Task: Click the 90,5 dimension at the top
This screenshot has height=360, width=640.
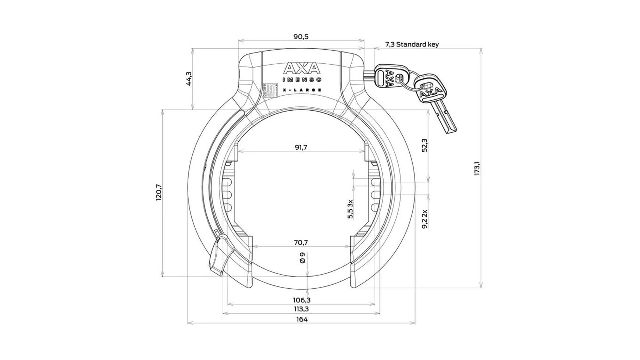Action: click(x=301, y=37)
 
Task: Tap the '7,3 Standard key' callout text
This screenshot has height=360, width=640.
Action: click(x=412, y=44)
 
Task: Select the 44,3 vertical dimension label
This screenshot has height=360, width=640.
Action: click(x=189, y=79)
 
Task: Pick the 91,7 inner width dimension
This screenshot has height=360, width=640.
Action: click(x=301, y=147)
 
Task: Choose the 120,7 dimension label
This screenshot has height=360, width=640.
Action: click(x=159, y=193)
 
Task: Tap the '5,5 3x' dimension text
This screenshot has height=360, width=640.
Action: click(x=350, y=209)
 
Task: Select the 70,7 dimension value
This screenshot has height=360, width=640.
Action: click(x=301, y=242)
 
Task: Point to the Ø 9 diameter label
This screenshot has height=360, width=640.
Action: click(x=302, y=258)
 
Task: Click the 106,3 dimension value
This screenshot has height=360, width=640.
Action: click(x=302, y=300)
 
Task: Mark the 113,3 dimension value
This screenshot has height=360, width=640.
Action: click(x=302, y=309)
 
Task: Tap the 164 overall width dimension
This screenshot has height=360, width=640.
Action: click(x=302, y=319)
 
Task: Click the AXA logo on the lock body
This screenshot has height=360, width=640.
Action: click(x=302, y=68)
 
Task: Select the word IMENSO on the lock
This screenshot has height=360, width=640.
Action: click(x=302, y=79)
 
